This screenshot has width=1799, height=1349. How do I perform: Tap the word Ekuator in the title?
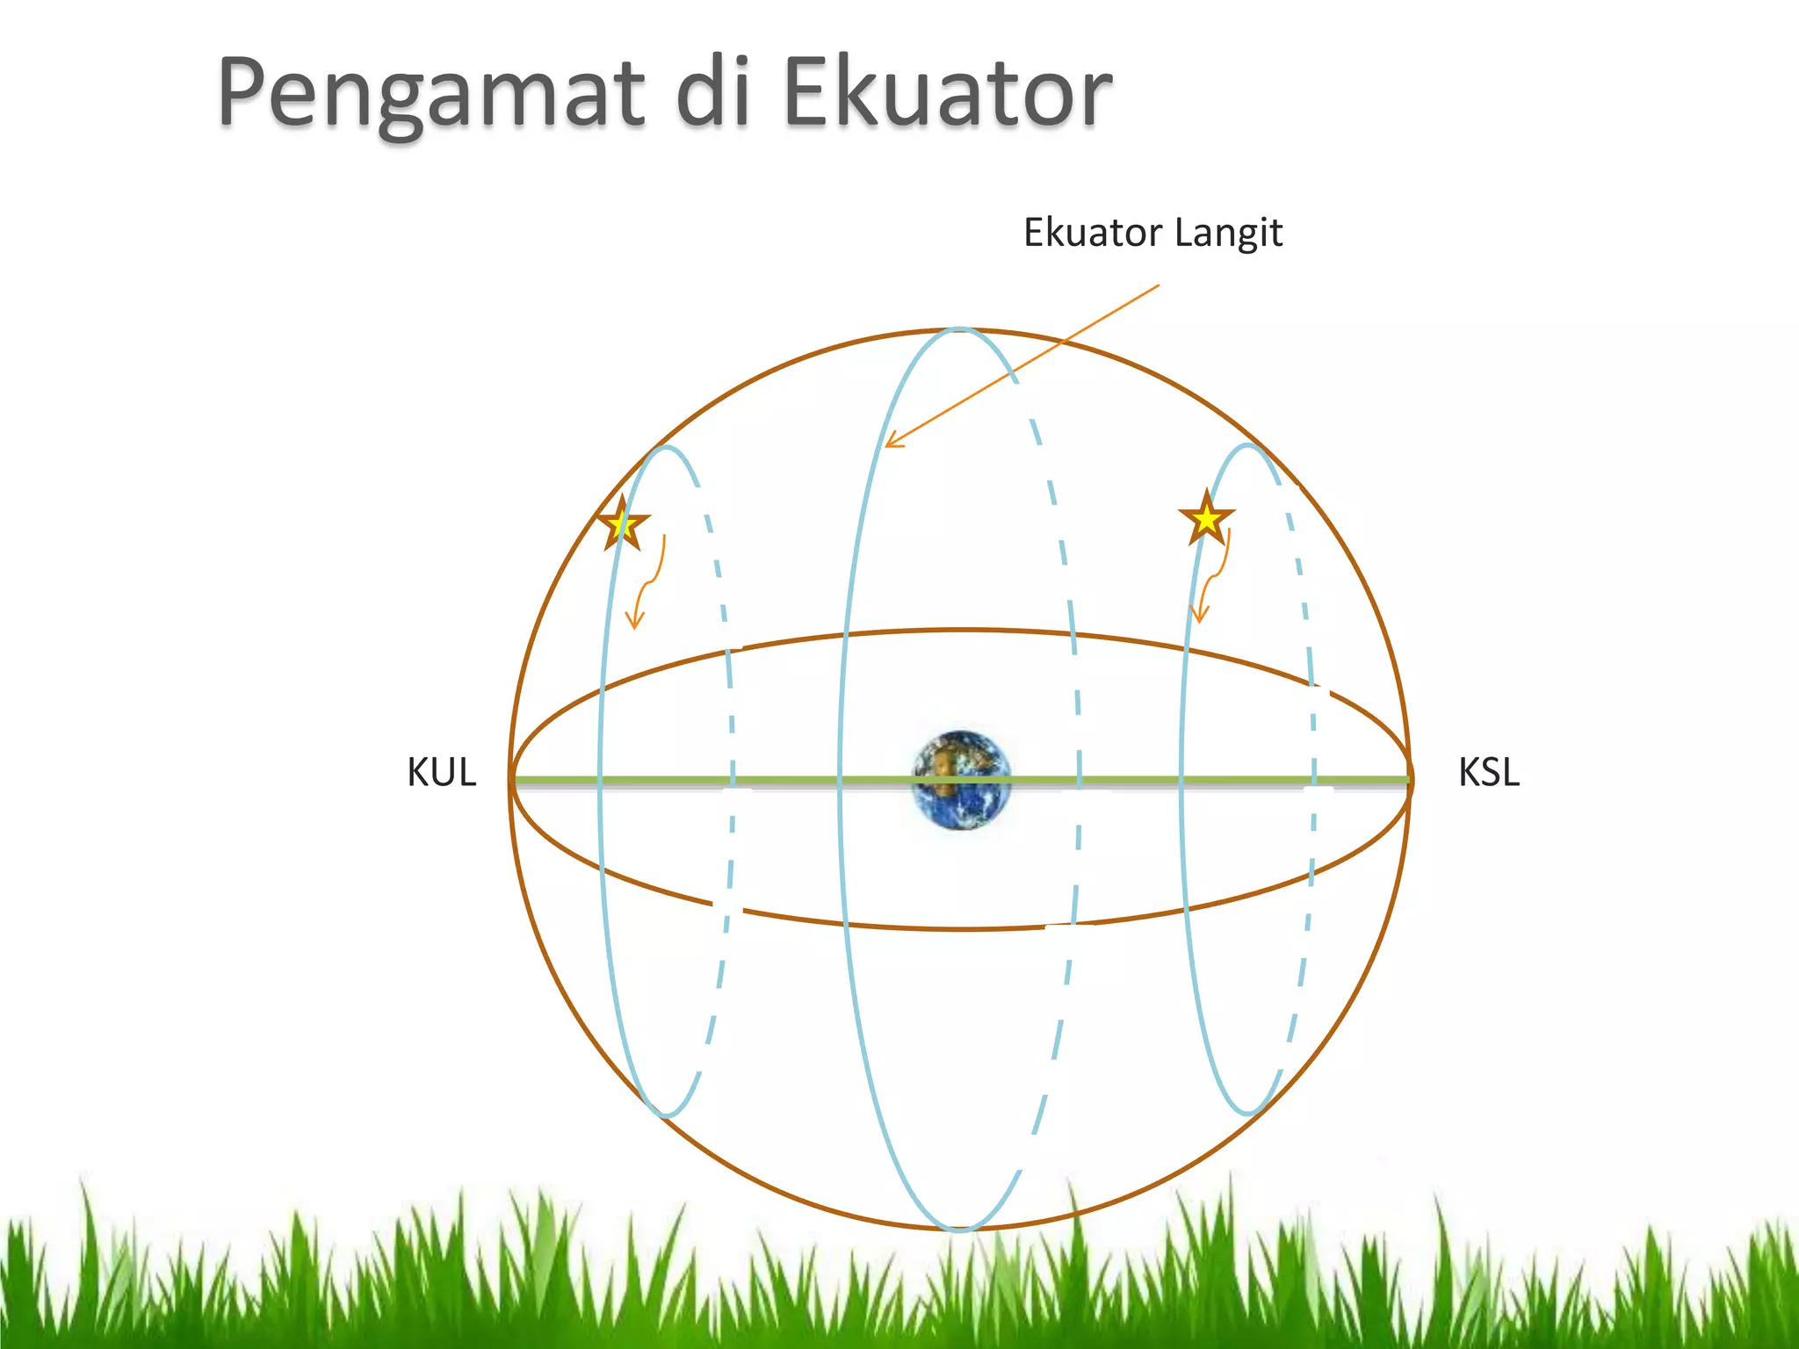coord(947,91)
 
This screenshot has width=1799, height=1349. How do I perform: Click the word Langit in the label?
coord(1228,234)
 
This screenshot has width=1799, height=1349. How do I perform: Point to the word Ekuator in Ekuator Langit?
coord(1093,233)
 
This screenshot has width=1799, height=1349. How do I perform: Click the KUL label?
coord(441,773)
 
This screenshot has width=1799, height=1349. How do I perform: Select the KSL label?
coord(1488,773)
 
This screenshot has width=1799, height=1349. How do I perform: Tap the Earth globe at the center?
coord(961,780)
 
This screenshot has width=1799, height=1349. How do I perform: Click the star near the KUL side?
coord(623,524)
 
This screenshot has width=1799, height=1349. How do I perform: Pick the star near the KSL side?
coord(1207,519)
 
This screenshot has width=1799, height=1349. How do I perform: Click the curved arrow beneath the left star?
coord(647,584)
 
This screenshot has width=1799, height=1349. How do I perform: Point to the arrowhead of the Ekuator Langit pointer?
coord(889,444)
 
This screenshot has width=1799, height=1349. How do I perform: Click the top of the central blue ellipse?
coord(959,330)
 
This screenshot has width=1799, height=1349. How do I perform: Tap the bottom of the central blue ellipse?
coord(959,1228)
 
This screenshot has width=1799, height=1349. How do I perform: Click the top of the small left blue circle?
coord(668,448)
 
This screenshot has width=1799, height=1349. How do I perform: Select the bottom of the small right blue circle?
coord(1248,1114)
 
